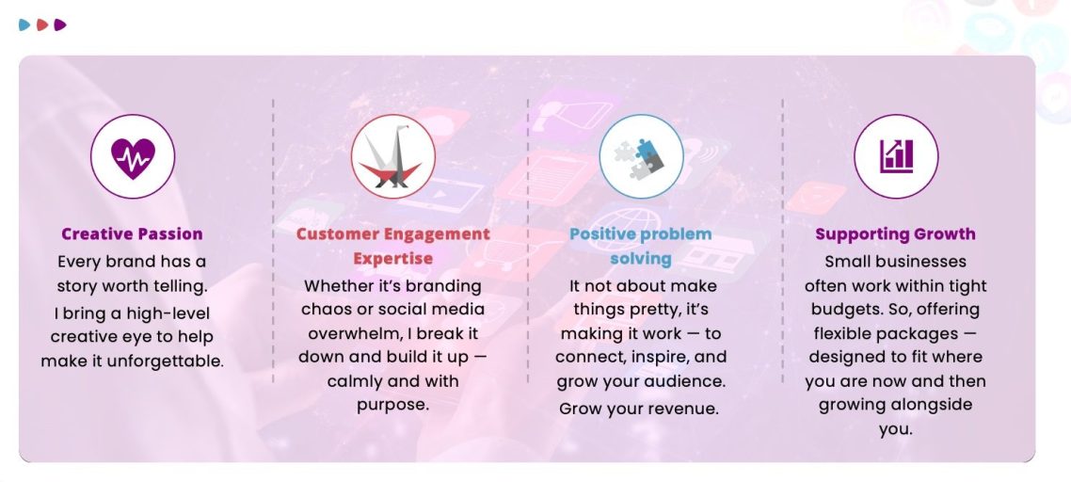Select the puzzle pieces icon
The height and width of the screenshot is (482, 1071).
(641, 158)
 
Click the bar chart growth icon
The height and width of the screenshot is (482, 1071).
(896, 156)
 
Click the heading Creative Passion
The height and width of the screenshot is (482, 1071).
(132, 233)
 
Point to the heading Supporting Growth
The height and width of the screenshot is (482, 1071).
(895, 233)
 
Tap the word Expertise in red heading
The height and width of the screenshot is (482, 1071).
(392, 259)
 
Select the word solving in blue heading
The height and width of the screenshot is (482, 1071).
(641, 259)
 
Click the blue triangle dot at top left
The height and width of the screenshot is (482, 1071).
(24, 25)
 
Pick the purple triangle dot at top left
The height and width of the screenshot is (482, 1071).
(60, 25)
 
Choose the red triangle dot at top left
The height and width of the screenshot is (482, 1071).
(42, 25)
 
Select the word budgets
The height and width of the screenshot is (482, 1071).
(847, 310)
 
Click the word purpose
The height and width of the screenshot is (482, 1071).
(392, 405)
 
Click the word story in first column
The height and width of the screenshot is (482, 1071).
(76, 286)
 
